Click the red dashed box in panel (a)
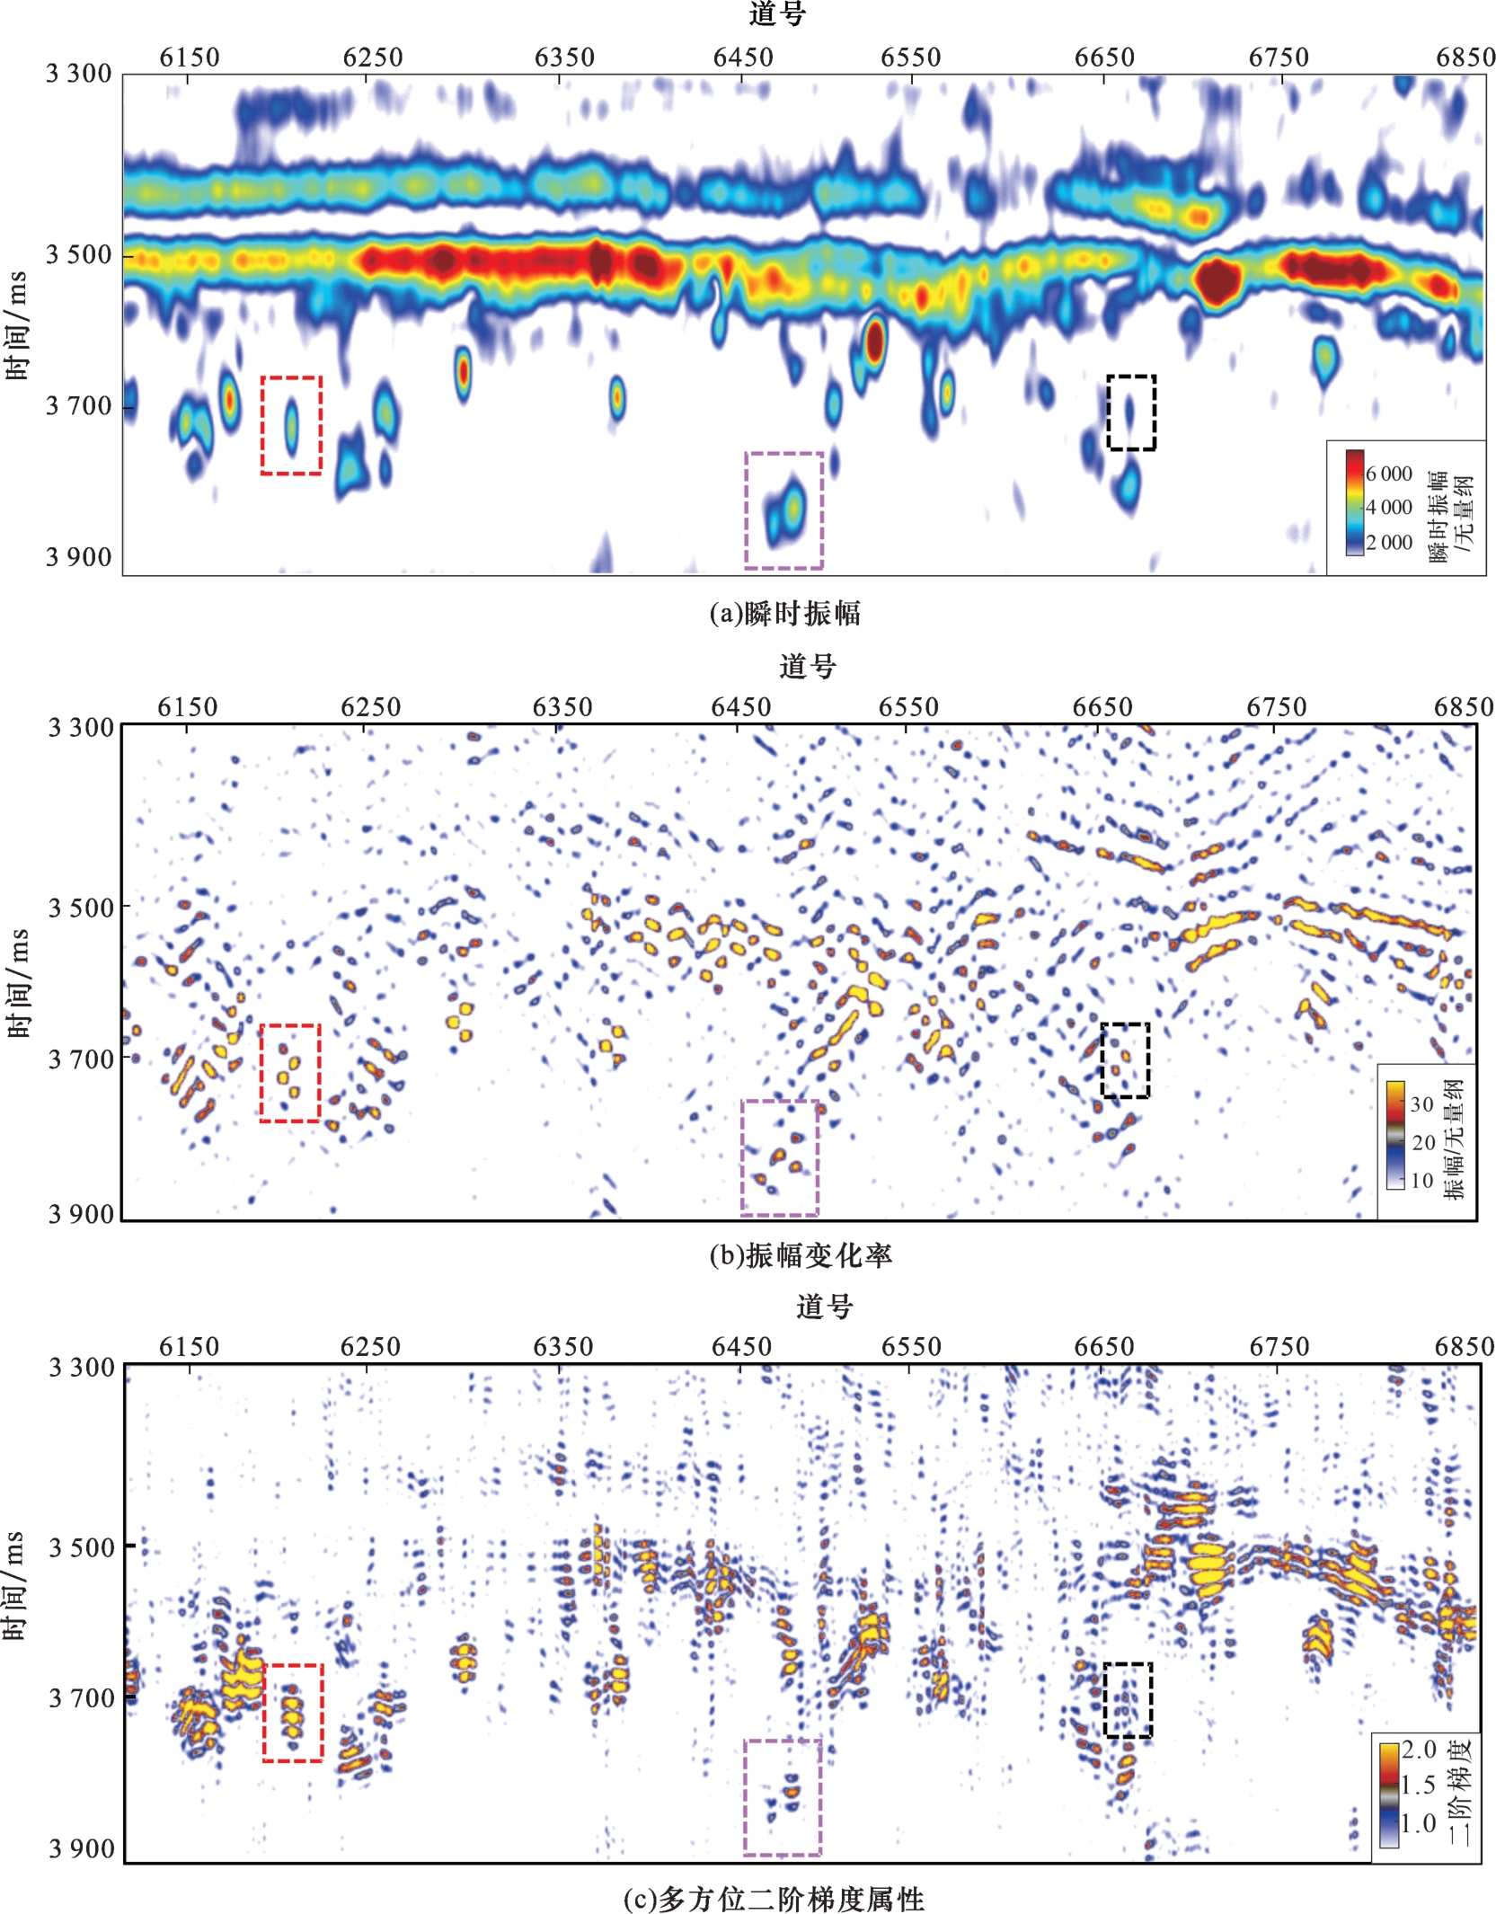pyautogui.click(x=291, y=425)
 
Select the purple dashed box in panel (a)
pyautogui.click(x=783, y=510)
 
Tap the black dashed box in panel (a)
pyautogui.click(x=1130, y=412)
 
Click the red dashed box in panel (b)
pyautogui.click(x=290, y=1073)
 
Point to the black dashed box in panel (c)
pyautogui.click(x=1128, y=1699)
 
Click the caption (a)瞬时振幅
pyautogui.click(x=784, y=614)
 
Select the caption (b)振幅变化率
pyautogui.click(x=800, y=1255)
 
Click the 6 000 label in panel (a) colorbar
pyautogui.click(x=1388, y=474)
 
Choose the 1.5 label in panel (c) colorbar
pyautogui.click(x=1418, y=1785)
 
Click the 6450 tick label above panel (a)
pyautogui.click(x=742, y=58)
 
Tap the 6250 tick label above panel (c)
pyautogui.click(x=370, y=1347)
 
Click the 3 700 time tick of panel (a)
pyautogui.click(x=79, y=406)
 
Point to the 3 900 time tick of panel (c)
pyautogui.click(x=81, y=1848)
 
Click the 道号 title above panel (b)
pyautogui.click(x=808, y=666)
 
